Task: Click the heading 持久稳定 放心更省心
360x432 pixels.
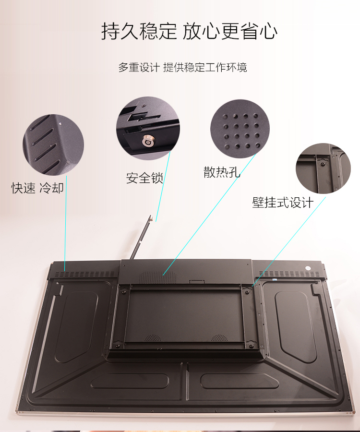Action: pos(189,31)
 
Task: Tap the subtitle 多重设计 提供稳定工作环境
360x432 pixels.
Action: pos(182,67)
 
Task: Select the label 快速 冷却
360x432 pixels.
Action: pos(37,188)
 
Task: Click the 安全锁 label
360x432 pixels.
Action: pos(144,178)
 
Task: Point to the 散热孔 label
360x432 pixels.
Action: pos(222,172)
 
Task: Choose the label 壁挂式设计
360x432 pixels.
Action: pos(283,203)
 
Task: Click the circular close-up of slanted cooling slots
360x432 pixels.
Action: pos(53,145)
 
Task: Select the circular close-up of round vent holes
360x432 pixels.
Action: pos(240,129)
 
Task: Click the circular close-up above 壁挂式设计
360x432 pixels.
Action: pos(323,168)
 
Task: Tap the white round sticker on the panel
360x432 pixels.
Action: pos(308,268)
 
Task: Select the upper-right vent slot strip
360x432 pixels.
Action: pos(289,274)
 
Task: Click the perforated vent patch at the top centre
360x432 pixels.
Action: pos(157,277)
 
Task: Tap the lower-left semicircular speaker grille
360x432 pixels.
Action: pos(153,338)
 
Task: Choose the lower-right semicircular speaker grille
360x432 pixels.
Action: pos(219,338)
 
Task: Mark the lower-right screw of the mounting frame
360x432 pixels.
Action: pos(251,346)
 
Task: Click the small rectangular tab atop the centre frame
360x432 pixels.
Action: pos(197,281)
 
